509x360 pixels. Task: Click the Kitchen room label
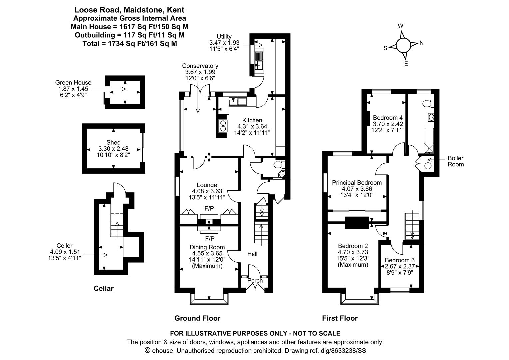[252, 120]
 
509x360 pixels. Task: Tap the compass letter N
[421, 43]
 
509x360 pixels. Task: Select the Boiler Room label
[456, 161]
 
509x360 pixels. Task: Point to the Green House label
[73, 83]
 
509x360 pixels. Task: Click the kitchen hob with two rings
[223, 126]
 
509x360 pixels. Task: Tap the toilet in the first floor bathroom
[429, 104]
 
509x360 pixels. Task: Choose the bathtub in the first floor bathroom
[429, 140]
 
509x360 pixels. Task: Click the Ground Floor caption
[197, 318]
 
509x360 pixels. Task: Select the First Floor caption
[340, 318]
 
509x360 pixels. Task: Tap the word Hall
[252, 254]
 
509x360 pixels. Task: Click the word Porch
[255, 281]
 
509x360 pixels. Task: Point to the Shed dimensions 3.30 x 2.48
[113, 149]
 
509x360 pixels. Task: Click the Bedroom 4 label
[388, 118]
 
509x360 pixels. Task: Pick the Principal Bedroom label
[357, 183]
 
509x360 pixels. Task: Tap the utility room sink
[259, 60]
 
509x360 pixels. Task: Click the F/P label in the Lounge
[209, 208]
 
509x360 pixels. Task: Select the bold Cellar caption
[103, 289]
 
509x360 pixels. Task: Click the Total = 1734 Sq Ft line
[130, 43]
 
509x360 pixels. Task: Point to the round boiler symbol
[428, 166]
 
